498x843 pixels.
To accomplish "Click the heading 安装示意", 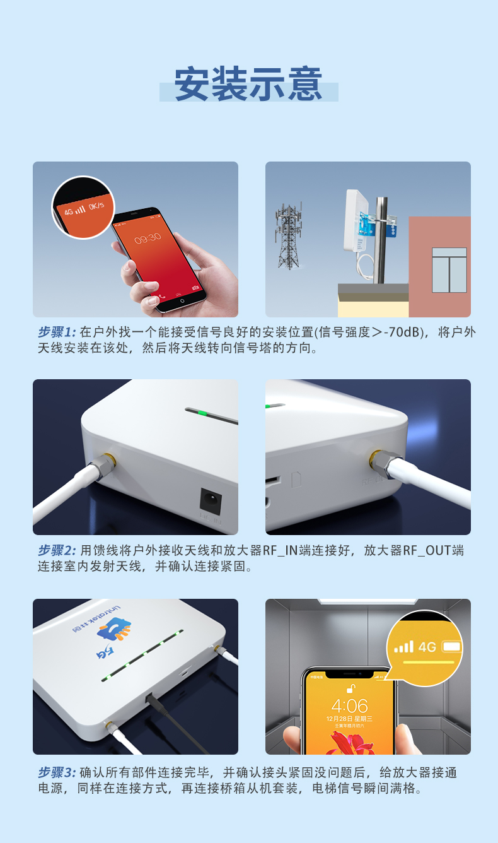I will [248, 84].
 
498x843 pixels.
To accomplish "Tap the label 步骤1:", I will [57, 332].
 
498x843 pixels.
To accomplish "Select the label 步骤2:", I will [57, 550].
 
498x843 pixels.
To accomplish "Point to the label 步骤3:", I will [57, 772].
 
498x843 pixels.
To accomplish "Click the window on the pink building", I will [449, 269].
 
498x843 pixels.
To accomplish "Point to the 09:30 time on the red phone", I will [148, 238].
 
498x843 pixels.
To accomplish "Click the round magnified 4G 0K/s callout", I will [83, 207].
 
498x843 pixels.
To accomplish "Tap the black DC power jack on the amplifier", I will [210, 500].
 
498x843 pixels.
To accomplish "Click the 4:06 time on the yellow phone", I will [349, 705].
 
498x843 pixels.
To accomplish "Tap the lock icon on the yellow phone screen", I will [349, 687].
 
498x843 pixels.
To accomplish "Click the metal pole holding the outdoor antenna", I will [380, 240].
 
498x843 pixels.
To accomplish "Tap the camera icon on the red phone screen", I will [196, 288].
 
